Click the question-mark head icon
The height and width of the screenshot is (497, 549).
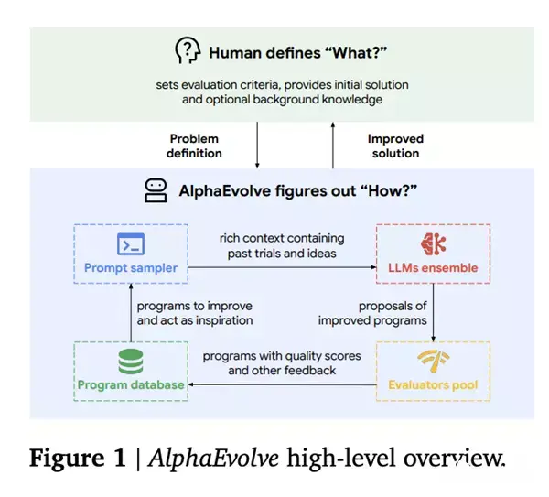tap(187, 51)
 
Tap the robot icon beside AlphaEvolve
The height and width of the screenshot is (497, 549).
tap(156, 190)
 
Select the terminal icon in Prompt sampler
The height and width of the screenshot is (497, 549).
tap(130, 244)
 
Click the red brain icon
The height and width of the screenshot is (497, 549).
tap(433, 244)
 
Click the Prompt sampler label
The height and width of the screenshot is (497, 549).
tap(130, 269)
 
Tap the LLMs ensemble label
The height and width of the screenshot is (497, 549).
tap(433, 269)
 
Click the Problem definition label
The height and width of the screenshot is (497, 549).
tap(196, 146)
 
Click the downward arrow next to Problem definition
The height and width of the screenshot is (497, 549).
tap(257, 145)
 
